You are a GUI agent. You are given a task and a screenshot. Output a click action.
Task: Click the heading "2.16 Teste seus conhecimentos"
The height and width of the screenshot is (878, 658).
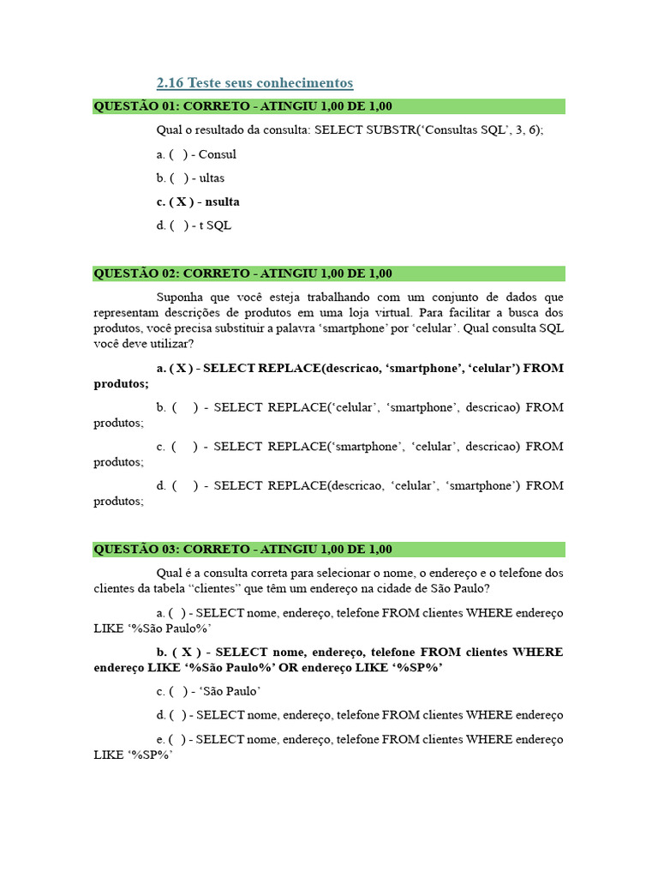click(x=254, y=83)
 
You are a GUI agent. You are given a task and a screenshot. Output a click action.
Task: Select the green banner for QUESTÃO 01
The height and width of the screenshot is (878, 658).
click(x=329, y=106)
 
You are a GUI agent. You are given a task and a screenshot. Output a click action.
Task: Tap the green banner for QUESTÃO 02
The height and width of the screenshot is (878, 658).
click(x=329, y=274)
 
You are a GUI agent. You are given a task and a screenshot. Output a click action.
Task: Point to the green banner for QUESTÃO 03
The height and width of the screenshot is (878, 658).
click(x=329, y=549)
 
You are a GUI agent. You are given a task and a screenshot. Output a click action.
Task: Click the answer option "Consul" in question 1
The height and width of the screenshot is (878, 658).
click(x=218, y=154)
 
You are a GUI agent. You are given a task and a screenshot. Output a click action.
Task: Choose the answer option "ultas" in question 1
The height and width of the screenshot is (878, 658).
click(x=212, y=178)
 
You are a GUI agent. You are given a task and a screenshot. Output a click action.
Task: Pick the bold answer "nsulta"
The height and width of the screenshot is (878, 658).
click(x=223, y=201)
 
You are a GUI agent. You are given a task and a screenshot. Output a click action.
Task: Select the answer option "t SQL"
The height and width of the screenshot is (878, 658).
click(x=215, y=226)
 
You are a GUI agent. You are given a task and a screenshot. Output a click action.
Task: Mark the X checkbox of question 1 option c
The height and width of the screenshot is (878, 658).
click(x=180, y=201)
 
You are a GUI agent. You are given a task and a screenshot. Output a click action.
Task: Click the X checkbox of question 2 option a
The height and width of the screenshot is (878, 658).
click(x=180, y=368)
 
